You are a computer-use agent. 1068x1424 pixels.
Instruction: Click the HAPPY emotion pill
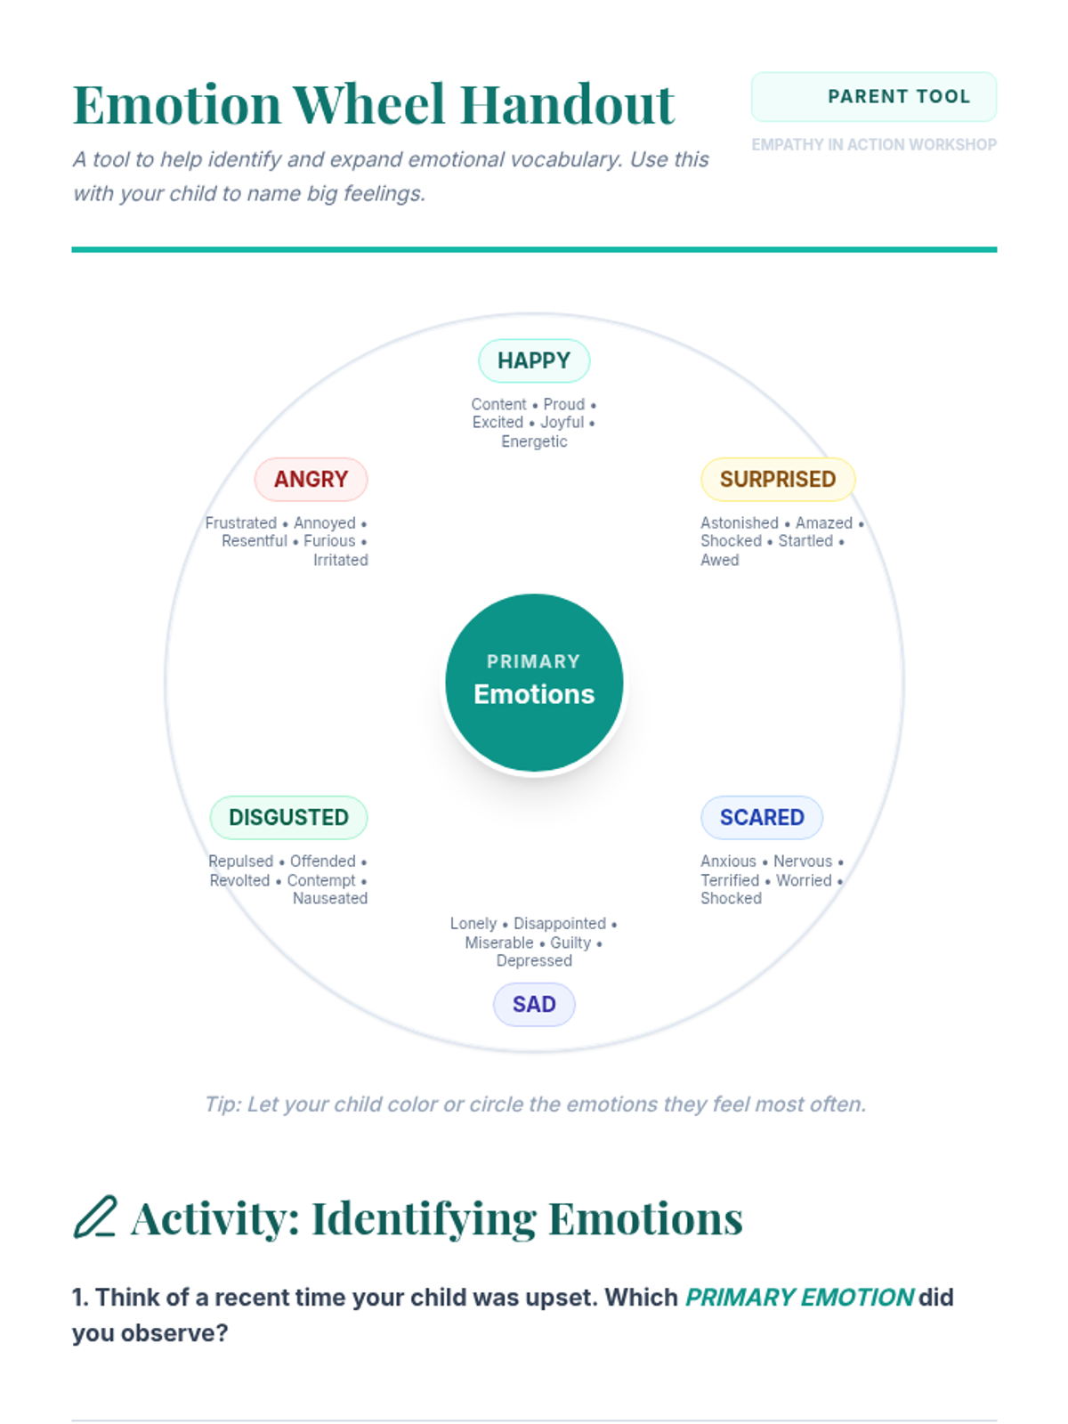tap(534, 360)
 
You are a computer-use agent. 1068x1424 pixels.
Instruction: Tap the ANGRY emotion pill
tap(311, 480)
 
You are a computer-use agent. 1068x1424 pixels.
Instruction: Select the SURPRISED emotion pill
tap(777, 480)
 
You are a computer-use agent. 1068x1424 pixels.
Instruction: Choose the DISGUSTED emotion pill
tap(288, 818)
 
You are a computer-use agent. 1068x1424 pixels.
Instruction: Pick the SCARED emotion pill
tap(761, 818)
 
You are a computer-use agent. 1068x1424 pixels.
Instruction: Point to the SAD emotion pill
tap(534, 1005)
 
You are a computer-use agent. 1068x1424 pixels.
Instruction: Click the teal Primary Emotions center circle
tap(534, 683)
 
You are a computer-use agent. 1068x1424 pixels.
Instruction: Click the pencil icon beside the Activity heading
tap(94, 1218)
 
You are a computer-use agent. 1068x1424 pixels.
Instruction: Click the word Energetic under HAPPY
tap(534, 441)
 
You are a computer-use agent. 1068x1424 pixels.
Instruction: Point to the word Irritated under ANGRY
tap(340, 560)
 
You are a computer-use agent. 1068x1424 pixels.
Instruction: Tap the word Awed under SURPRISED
tap(720, 560)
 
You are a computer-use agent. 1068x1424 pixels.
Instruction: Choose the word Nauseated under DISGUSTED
tap(330, 899)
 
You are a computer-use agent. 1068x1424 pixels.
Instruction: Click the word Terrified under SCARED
tap(730, 880)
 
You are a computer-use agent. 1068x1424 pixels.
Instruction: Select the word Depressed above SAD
tap(534, 961)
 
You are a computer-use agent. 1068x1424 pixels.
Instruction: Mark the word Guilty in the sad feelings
tap(570, 943)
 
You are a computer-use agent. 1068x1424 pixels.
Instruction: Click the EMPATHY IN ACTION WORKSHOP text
tap(873, 145)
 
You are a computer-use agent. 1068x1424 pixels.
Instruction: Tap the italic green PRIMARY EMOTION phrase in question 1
tap(799, 1298)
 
